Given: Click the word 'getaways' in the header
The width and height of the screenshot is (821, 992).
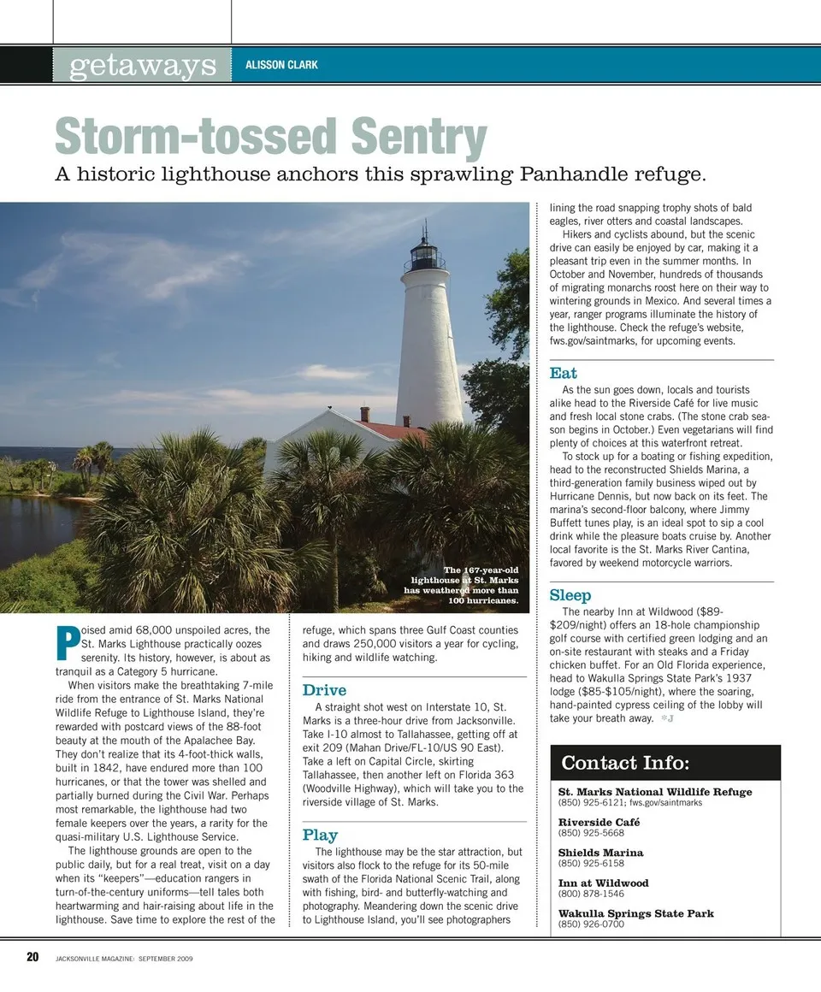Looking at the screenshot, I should [x=143, y=65].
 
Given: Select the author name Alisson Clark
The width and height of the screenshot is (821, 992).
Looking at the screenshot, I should [x=281, y=65].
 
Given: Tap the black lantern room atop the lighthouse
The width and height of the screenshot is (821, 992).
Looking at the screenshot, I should [x=424, y=253].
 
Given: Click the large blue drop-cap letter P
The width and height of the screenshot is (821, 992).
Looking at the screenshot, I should [x=66, y=643].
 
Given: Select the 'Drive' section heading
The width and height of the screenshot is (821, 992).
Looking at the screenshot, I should [x=324, y=690].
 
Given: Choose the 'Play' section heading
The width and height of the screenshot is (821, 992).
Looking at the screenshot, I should [x=320, y=835].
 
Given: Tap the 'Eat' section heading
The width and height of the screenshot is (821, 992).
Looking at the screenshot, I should [x=563, y=373].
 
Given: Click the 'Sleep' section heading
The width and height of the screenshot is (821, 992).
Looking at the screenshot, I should [x=570, y=594].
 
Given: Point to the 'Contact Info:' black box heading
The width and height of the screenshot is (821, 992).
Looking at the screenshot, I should [x=625, y=763].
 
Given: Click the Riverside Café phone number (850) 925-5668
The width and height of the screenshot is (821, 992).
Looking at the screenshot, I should [x=591, y=833].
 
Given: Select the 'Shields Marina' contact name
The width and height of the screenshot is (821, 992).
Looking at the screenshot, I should [x=600, y=853].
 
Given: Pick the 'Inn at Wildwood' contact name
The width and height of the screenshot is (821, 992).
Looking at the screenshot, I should [x=603, y=883].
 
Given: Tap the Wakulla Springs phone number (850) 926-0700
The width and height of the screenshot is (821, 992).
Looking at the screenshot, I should [x=591, y=924].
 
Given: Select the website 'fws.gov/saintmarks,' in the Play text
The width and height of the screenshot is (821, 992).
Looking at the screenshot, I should [x=600, y=341].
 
